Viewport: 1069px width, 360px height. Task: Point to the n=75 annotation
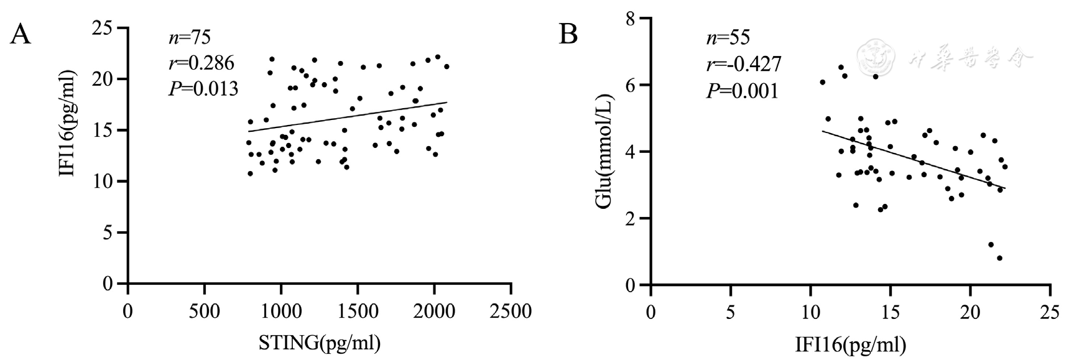190,37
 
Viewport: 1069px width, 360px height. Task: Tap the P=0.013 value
203,89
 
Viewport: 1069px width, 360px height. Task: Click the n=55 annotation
728,37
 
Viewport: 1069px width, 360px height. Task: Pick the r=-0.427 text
743,64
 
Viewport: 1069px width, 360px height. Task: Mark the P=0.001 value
742,91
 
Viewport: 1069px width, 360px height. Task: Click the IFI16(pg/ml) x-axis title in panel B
849,343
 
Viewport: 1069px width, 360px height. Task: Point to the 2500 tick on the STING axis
511,310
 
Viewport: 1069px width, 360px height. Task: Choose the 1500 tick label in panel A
358,310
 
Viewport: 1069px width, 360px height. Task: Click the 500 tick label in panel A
205,310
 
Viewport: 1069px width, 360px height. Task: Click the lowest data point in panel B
999,258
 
